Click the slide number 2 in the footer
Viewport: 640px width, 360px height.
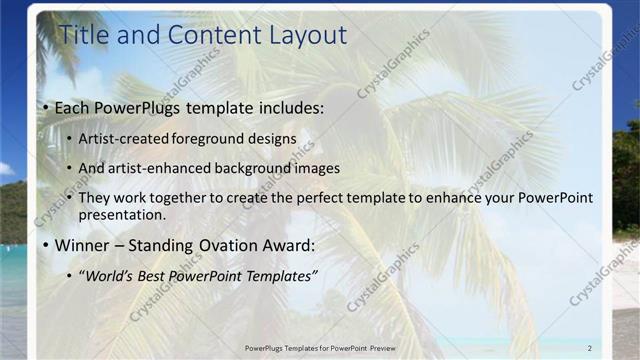click(x=590, y=346)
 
